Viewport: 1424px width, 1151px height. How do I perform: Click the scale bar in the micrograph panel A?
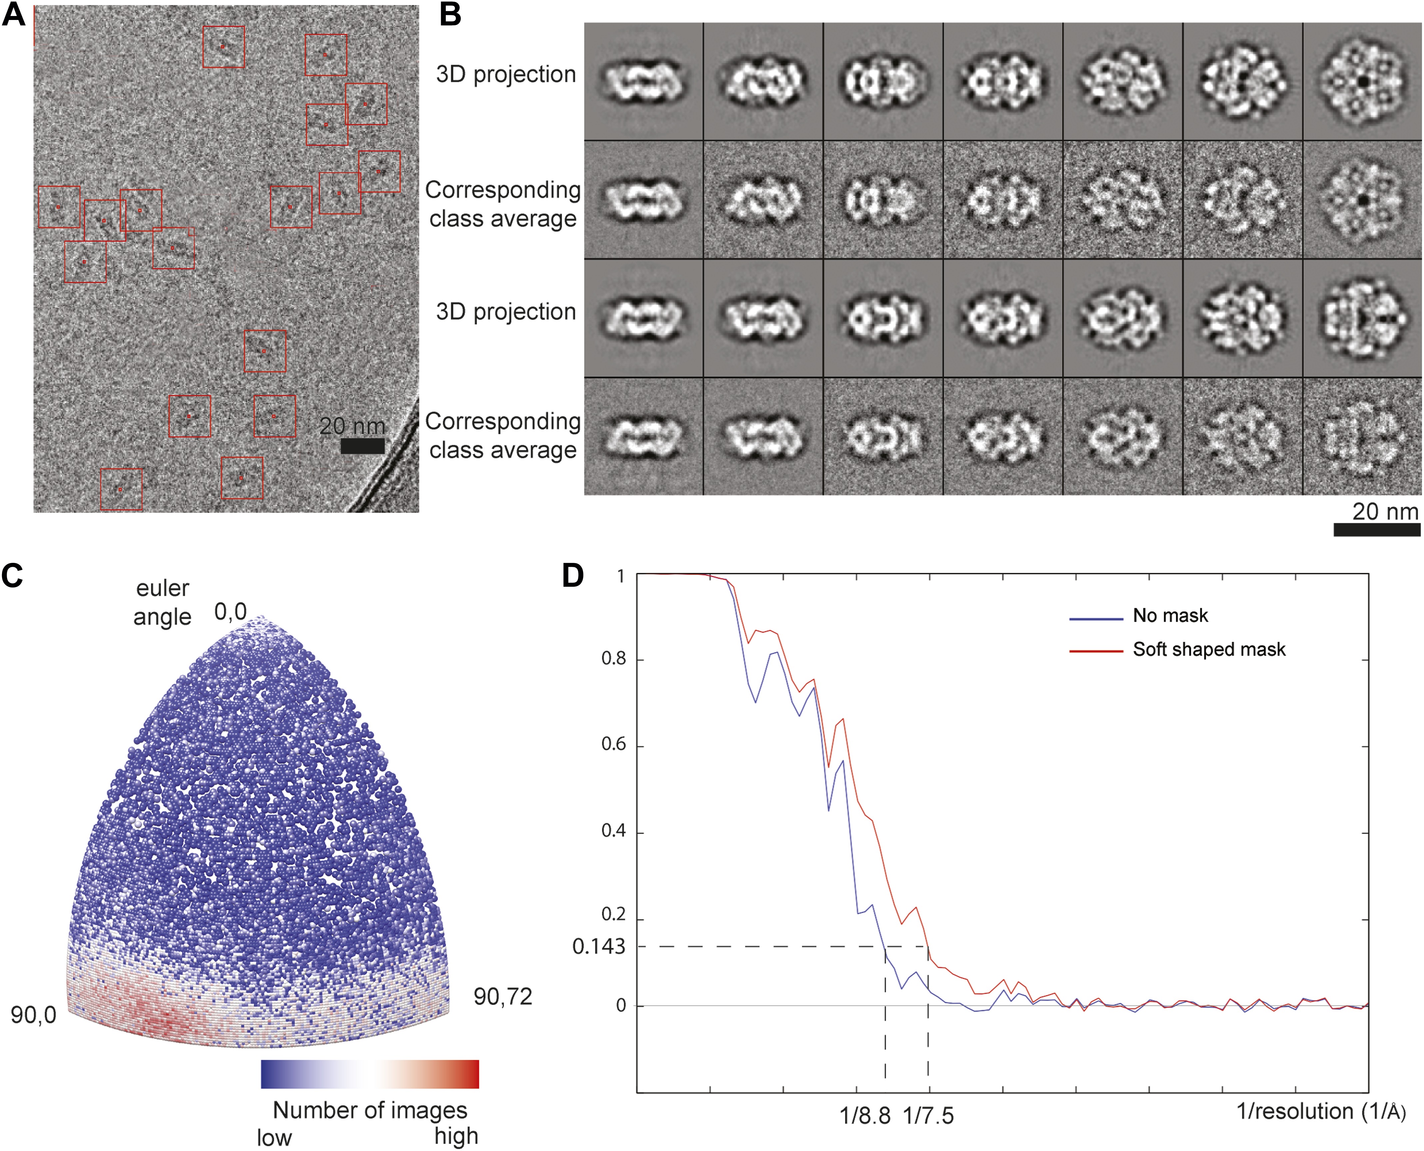[x=362, y=446]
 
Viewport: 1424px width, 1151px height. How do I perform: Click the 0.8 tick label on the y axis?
[x=613, y=659]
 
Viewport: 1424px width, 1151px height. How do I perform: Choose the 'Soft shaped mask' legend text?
[x=1208, y=650]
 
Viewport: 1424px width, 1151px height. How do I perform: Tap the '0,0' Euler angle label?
[x=230, y=612]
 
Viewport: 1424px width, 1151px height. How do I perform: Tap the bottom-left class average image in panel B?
[x=643, y=436]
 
